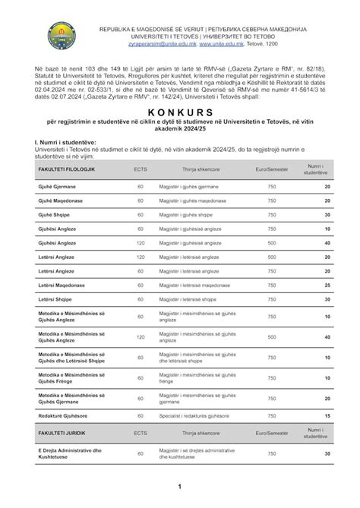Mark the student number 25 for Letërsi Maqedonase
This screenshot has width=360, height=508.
327,285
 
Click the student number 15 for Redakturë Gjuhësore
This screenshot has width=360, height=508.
327,415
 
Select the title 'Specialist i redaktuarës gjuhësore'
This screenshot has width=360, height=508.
199,415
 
